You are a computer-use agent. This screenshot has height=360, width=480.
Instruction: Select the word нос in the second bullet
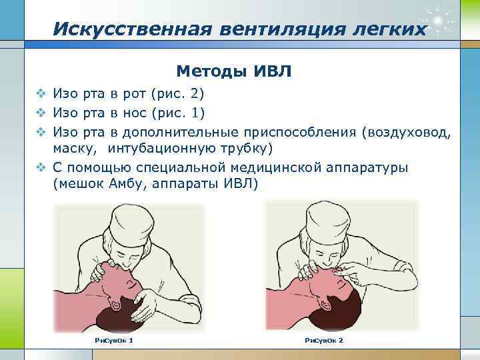(x=136, y=111)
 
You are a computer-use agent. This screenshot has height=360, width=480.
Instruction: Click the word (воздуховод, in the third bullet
(x=407, y=130)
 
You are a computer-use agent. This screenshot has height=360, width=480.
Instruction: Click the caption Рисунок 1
(x=115, y=341)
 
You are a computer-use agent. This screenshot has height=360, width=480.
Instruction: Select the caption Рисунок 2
(x=324, y=341)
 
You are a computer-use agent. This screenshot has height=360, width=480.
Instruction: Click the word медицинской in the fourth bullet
(x=273, y=167)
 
